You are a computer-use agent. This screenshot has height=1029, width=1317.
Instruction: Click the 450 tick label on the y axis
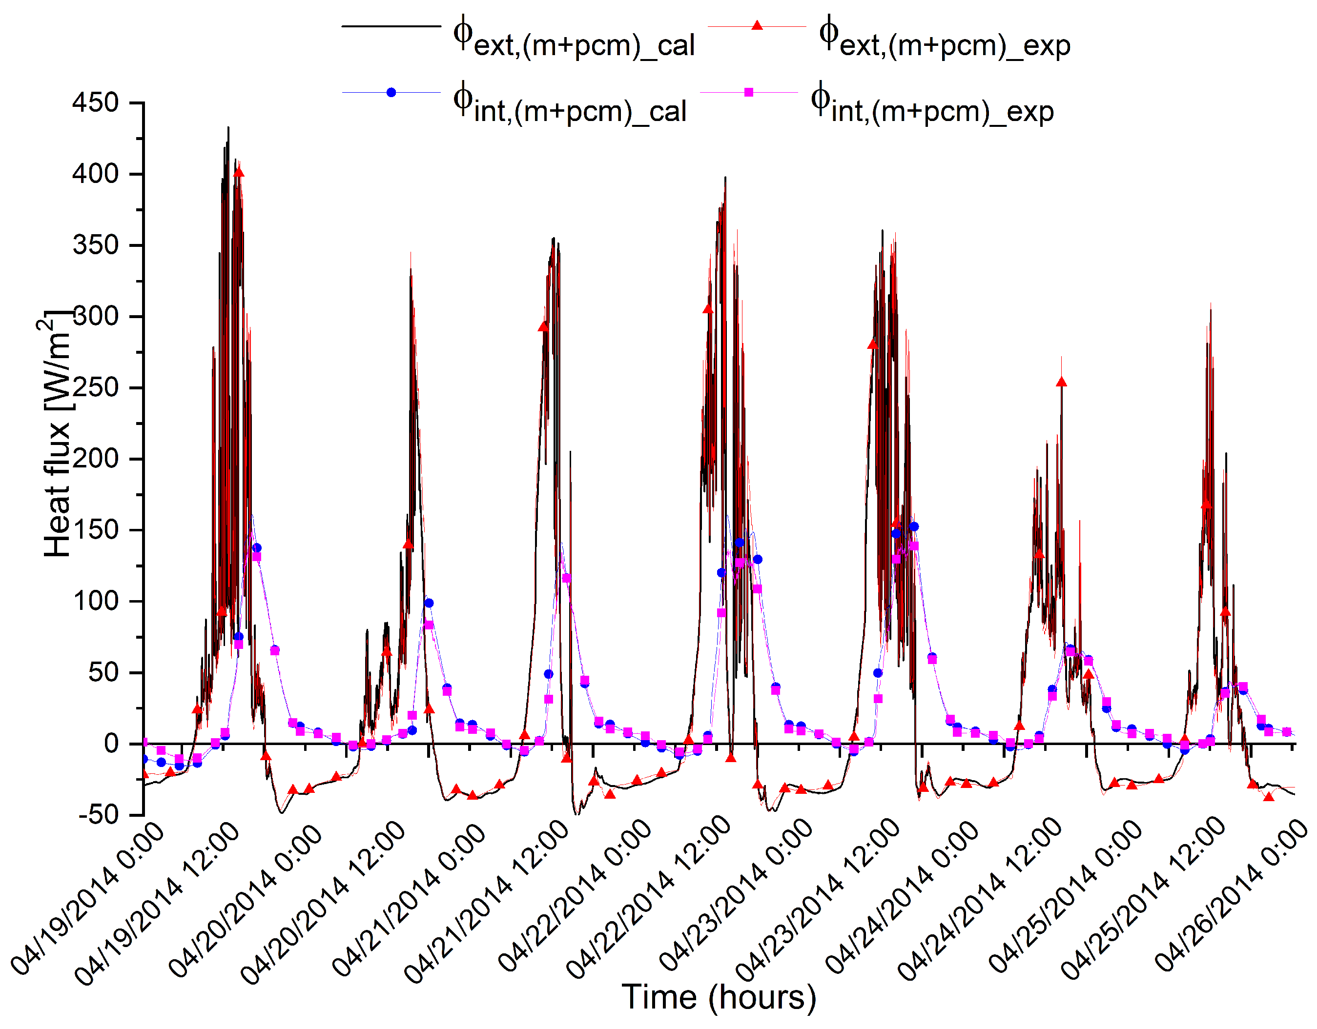click(95, 102)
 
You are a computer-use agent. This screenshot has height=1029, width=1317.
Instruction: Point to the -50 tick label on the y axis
click(99, 814)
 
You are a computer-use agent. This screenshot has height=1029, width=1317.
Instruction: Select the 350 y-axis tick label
click(95, 245)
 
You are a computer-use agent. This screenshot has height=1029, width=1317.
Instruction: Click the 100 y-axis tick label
click(95, 601)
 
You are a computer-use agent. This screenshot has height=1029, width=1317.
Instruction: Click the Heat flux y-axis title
click(57, 434)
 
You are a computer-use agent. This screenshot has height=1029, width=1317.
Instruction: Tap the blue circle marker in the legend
click(391, 92)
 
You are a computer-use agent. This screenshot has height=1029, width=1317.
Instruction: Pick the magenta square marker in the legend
click(749, 92)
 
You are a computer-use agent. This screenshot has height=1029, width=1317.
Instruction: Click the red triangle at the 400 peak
click(239, 172)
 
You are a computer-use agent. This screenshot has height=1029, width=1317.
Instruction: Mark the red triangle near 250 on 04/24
click(1061, 382)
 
